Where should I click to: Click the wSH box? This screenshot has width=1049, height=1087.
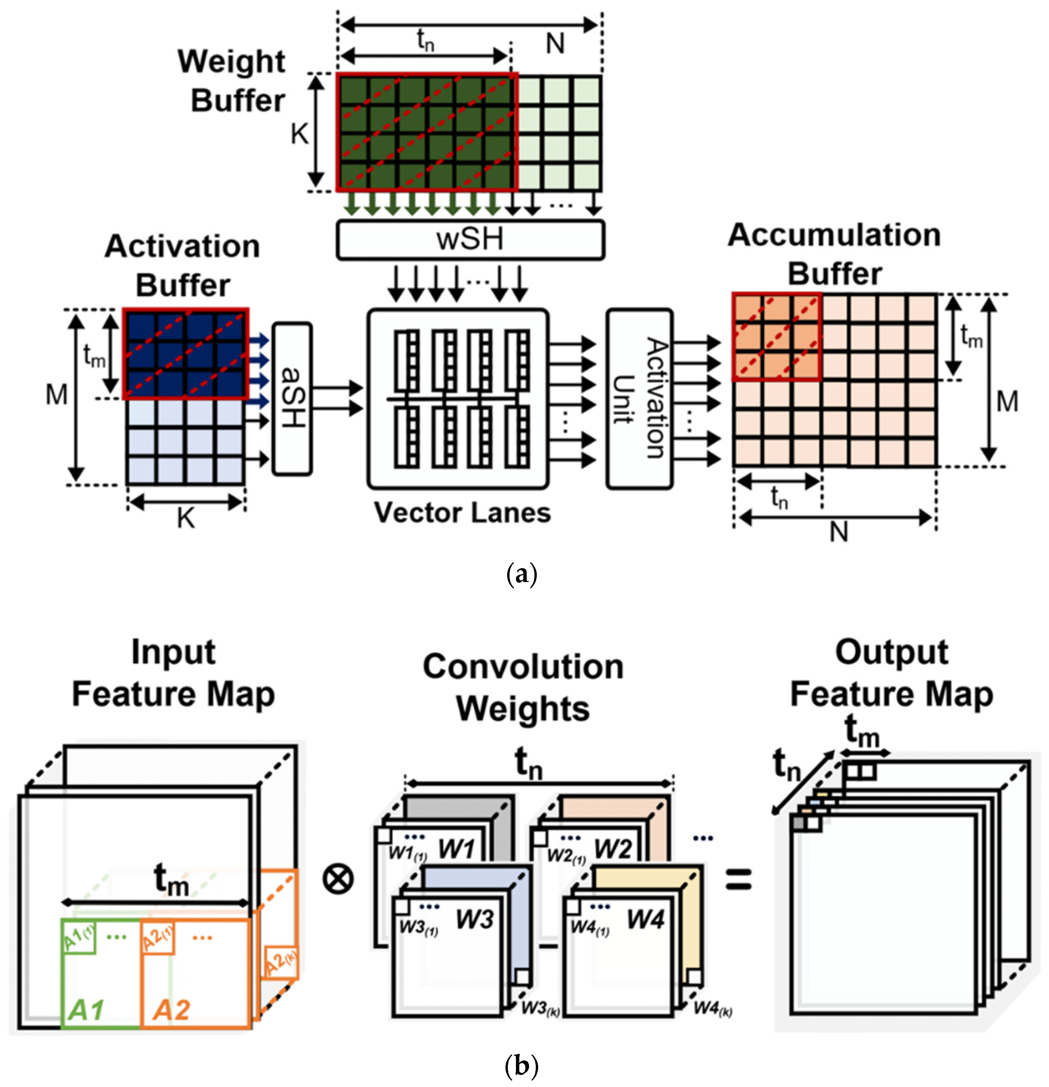(470, 240)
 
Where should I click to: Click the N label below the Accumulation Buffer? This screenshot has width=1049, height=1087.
(838, 533)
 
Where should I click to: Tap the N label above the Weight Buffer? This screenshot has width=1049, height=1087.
(555, 43)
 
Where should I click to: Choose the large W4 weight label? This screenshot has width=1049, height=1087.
(645, 920)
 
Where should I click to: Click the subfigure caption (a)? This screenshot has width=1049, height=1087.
(522, 575)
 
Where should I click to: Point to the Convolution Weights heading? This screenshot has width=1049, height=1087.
(523, 688)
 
